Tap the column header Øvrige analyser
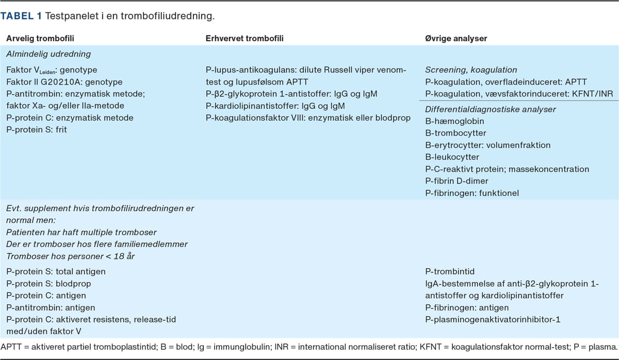coord(456,38)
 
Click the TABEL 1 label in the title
coord(21,16)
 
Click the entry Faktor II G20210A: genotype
coord(64,81)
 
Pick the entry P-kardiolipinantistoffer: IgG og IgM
coord(275,106)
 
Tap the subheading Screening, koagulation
coord(471,70)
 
